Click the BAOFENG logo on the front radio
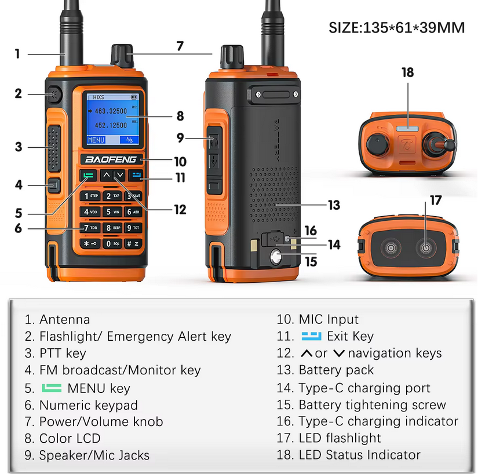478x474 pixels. (x=111, y=159)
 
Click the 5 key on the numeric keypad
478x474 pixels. (x=112, y=212)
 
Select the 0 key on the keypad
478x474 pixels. (x=112, y=243)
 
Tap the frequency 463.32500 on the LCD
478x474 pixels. (x=110, y=110)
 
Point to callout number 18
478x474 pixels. (x=407, y=72)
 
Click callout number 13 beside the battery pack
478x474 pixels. (x=334, y=205)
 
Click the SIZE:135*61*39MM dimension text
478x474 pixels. (x=397, y=27)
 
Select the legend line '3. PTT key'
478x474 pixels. (x=55, y=353)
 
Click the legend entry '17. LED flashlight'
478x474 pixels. (x=329, y=438)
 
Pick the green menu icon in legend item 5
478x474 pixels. (x=52, y=388)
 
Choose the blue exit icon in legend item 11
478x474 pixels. (x=311, y=336)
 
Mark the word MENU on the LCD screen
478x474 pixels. (x=96, y=140)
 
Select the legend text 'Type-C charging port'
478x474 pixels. (x=364, y=388)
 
